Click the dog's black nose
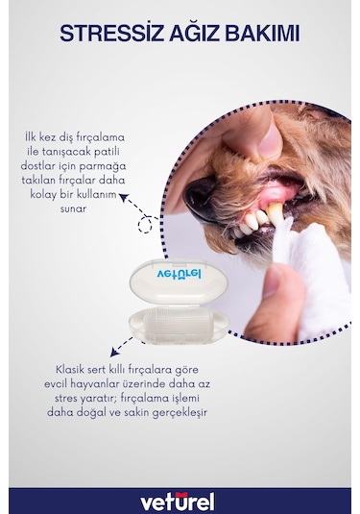tap(199, 197)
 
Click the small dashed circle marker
tap(147, 225)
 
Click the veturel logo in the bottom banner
tap(179, 501)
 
